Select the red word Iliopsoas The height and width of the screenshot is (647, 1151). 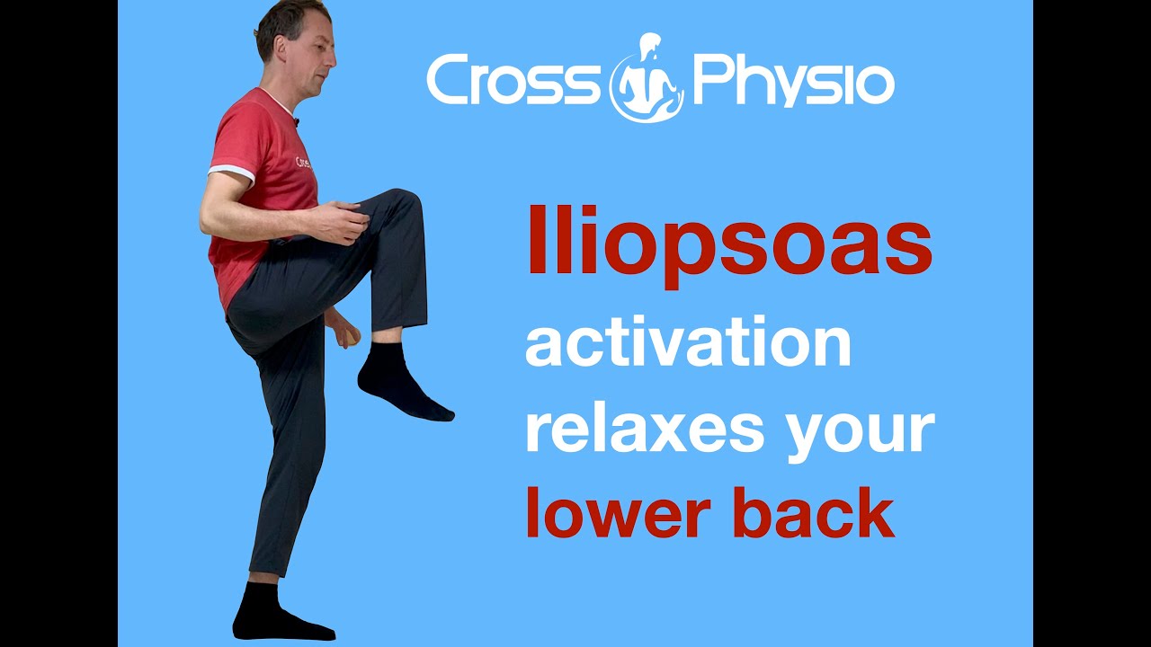point(729,246)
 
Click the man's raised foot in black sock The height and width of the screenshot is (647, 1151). point(401,384)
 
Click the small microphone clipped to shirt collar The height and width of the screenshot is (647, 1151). point(296,121)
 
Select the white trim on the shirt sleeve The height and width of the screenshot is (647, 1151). point(231,172)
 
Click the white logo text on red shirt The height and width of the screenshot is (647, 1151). point(303,164)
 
